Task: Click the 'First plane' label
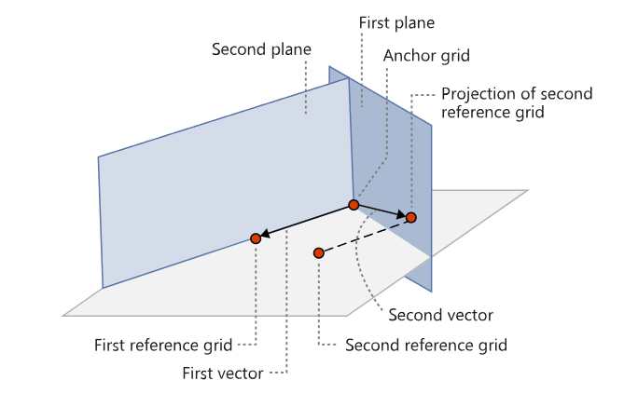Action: [396, 22]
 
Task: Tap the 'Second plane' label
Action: [261, 49]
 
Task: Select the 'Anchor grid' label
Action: [426, 56]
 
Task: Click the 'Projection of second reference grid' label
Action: [517, 102]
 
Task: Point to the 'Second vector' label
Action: [440, 315]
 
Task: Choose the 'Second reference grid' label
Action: [426, 346]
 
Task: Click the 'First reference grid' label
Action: [163, 346]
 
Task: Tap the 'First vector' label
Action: [223, 374]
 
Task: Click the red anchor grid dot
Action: [354, 204]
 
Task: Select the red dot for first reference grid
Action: [256, 238]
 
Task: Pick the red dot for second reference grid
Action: [319, 253]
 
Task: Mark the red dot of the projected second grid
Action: [411, 218]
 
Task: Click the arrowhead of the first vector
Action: [265, 234]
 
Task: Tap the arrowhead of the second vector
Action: [402, 214]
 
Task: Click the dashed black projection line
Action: [365, 236]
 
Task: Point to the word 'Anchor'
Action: [409, 56]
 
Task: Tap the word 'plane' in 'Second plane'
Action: [291, 50]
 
